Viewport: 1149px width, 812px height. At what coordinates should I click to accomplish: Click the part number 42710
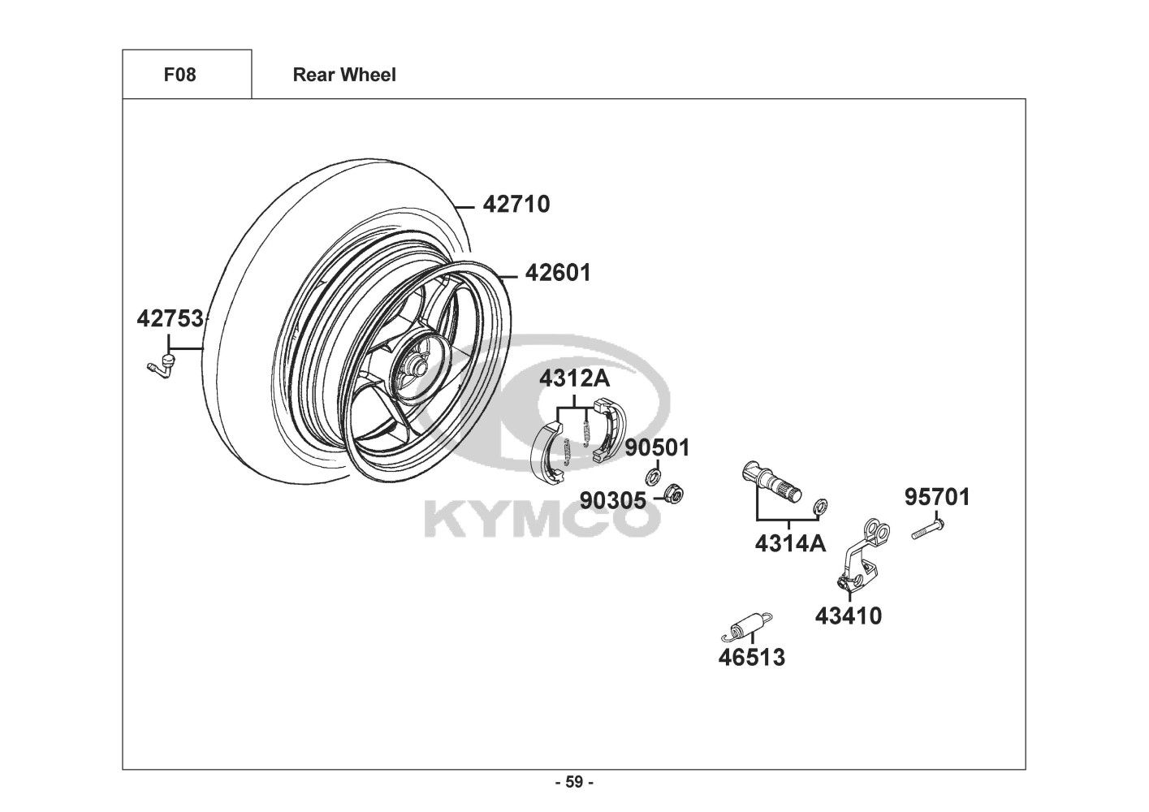point(516,204)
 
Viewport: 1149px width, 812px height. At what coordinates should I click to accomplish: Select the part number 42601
point(558,272)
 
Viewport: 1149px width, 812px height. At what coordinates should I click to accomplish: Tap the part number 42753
point(170,319)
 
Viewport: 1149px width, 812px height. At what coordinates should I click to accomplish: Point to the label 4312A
point(575,378)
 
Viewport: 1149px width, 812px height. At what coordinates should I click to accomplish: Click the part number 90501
point(657,447)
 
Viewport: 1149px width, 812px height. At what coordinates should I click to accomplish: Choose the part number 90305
point(612,500)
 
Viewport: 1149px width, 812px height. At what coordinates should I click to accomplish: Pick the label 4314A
point(789,543)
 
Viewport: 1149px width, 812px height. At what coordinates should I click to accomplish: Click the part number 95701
point(937,497)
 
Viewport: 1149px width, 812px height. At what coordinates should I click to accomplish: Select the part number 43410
point(848,616)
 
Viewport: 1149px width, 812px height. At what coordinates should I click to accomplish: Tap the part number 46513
point(751,657)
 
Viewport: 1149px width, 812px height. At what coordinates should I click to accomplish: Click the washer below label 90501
point(654,475)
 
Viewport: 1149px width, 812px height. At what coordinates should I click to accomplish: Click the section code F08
point(179,75)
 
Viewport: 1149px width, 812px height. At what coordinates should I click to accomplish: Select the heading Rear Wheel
point(344,75)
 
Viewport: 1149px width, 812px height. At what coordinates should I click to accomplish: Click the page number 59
point(574,783)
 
